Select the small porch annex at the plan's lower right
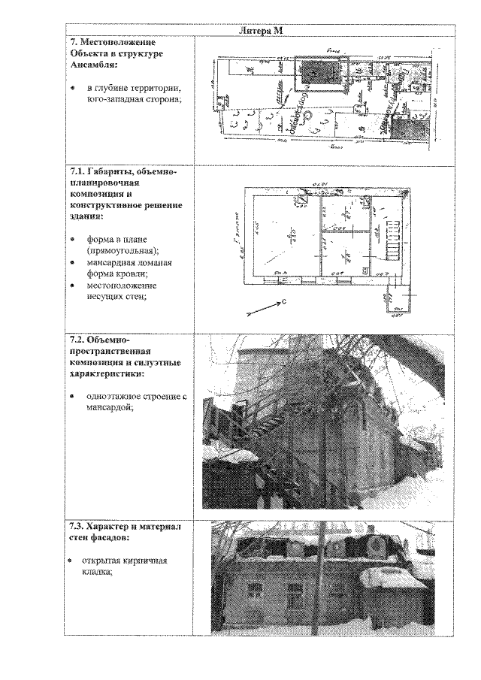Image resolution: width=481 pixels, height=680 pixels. coord(399,298)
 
